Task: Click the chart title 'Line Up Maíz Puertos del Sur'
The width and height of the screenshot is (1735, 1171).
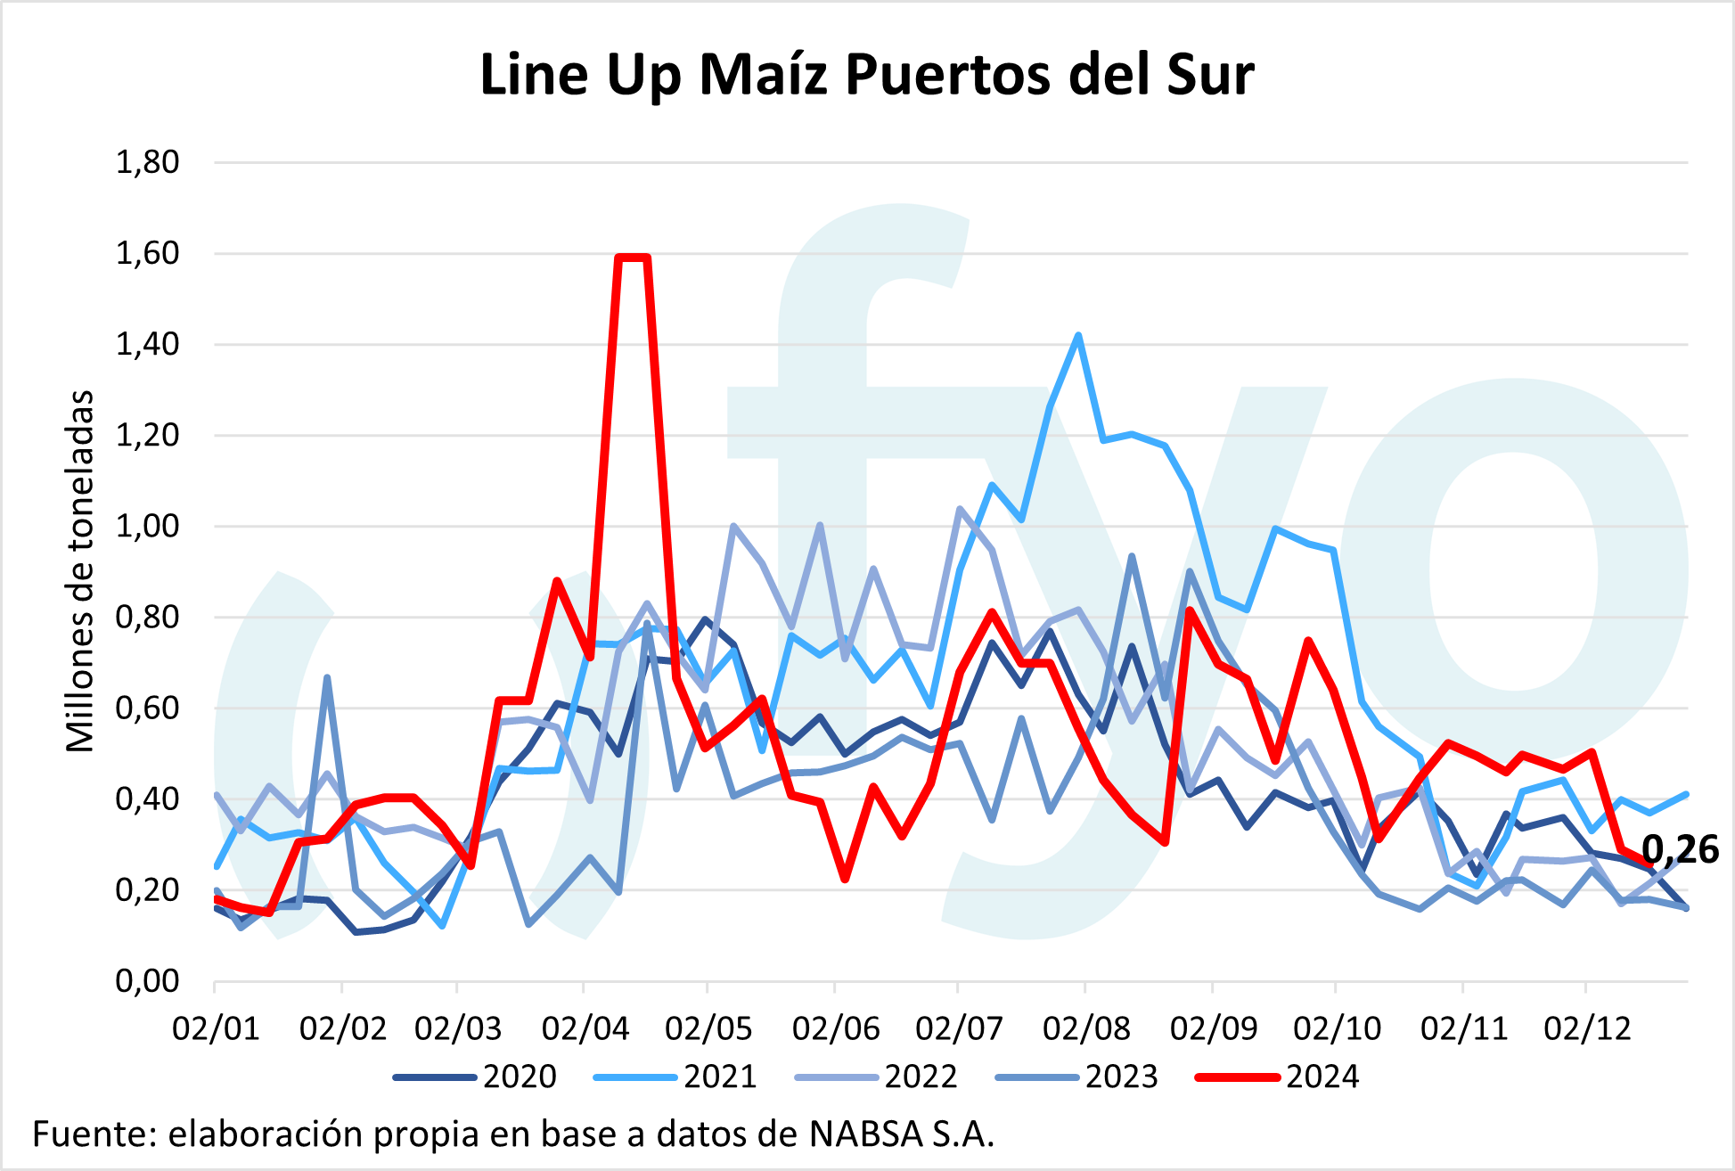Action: pyautogui.click(x=866, y=75)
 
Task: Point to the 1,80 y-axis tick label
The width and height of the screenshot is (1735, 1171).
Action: pyautogui.click(x=147, y=162)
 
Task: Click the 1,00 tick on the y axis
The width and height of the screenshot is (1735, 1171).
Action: pyautogui.click(x=147, y=526)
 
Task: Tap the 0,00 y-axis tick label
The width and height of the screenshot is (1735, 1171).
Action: pyautogui.click(x=147, y=981)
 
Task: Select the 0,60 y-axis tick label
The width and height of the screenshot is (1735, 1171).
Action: pyautogui.click(x=147, y=708)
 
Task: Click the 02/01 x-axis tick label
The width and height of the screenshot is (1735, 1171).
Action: pyautogui.click(x=216, y=1028)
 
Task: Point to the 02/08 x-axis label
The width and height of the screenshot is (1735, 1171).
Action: pyautogui.click(x=1085, y=1028)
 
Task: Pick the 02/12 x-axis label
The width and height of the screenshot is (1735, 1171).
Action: pyautogui.click(x=1587, y=1028)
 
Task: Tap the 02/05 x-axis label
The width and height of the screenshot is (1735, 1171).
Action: pyautogui.click(x=708, y=1028)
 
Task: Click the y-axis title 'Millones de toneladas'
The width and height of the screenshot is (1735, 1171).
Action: pyautogui.click(x=80, y=570)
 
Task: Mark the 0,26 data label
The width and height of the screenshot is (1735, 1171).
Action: pyautogui.click(x=1680, y=850)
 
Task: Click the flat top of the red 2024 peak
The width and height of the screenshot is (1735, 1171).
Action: pyautogui.click(x=633, y=258)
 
